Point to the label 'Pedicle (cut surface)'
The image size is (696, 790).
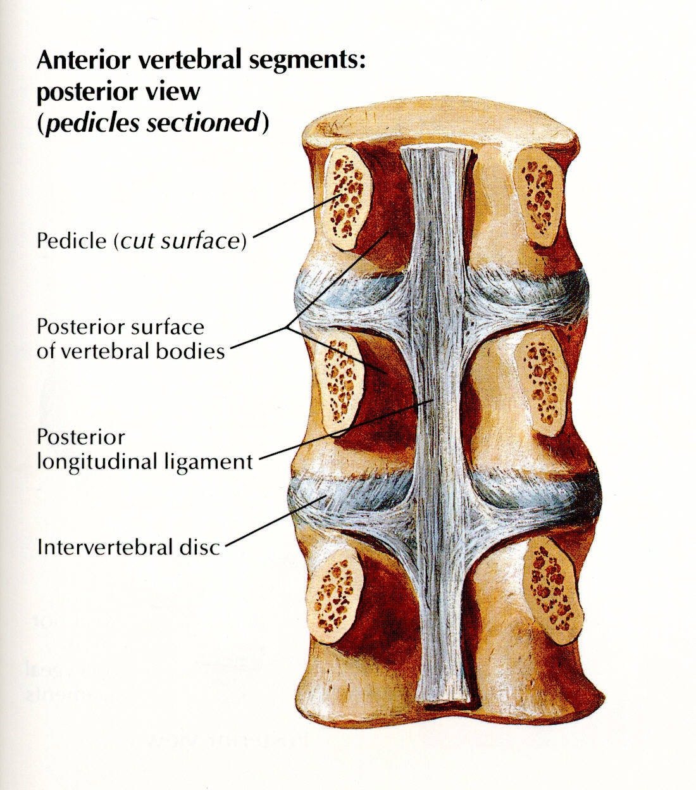click(141, 241)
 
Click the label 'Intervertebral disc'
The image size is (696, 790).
click(128, 547)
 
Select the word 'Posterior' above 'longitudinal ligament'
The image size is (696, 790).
click(81, 437)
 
